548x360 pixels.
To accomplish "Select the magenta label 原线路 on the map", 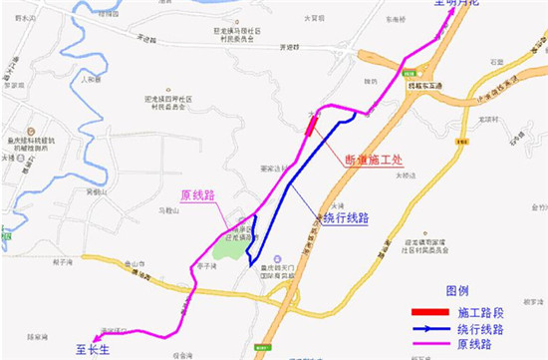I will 197,195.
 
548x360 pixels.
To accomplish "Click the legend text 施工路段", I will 480,311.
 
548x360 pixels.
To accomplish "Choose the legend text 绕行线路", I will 480,328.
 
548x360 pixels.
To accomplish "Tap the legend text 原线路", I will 473,344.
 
